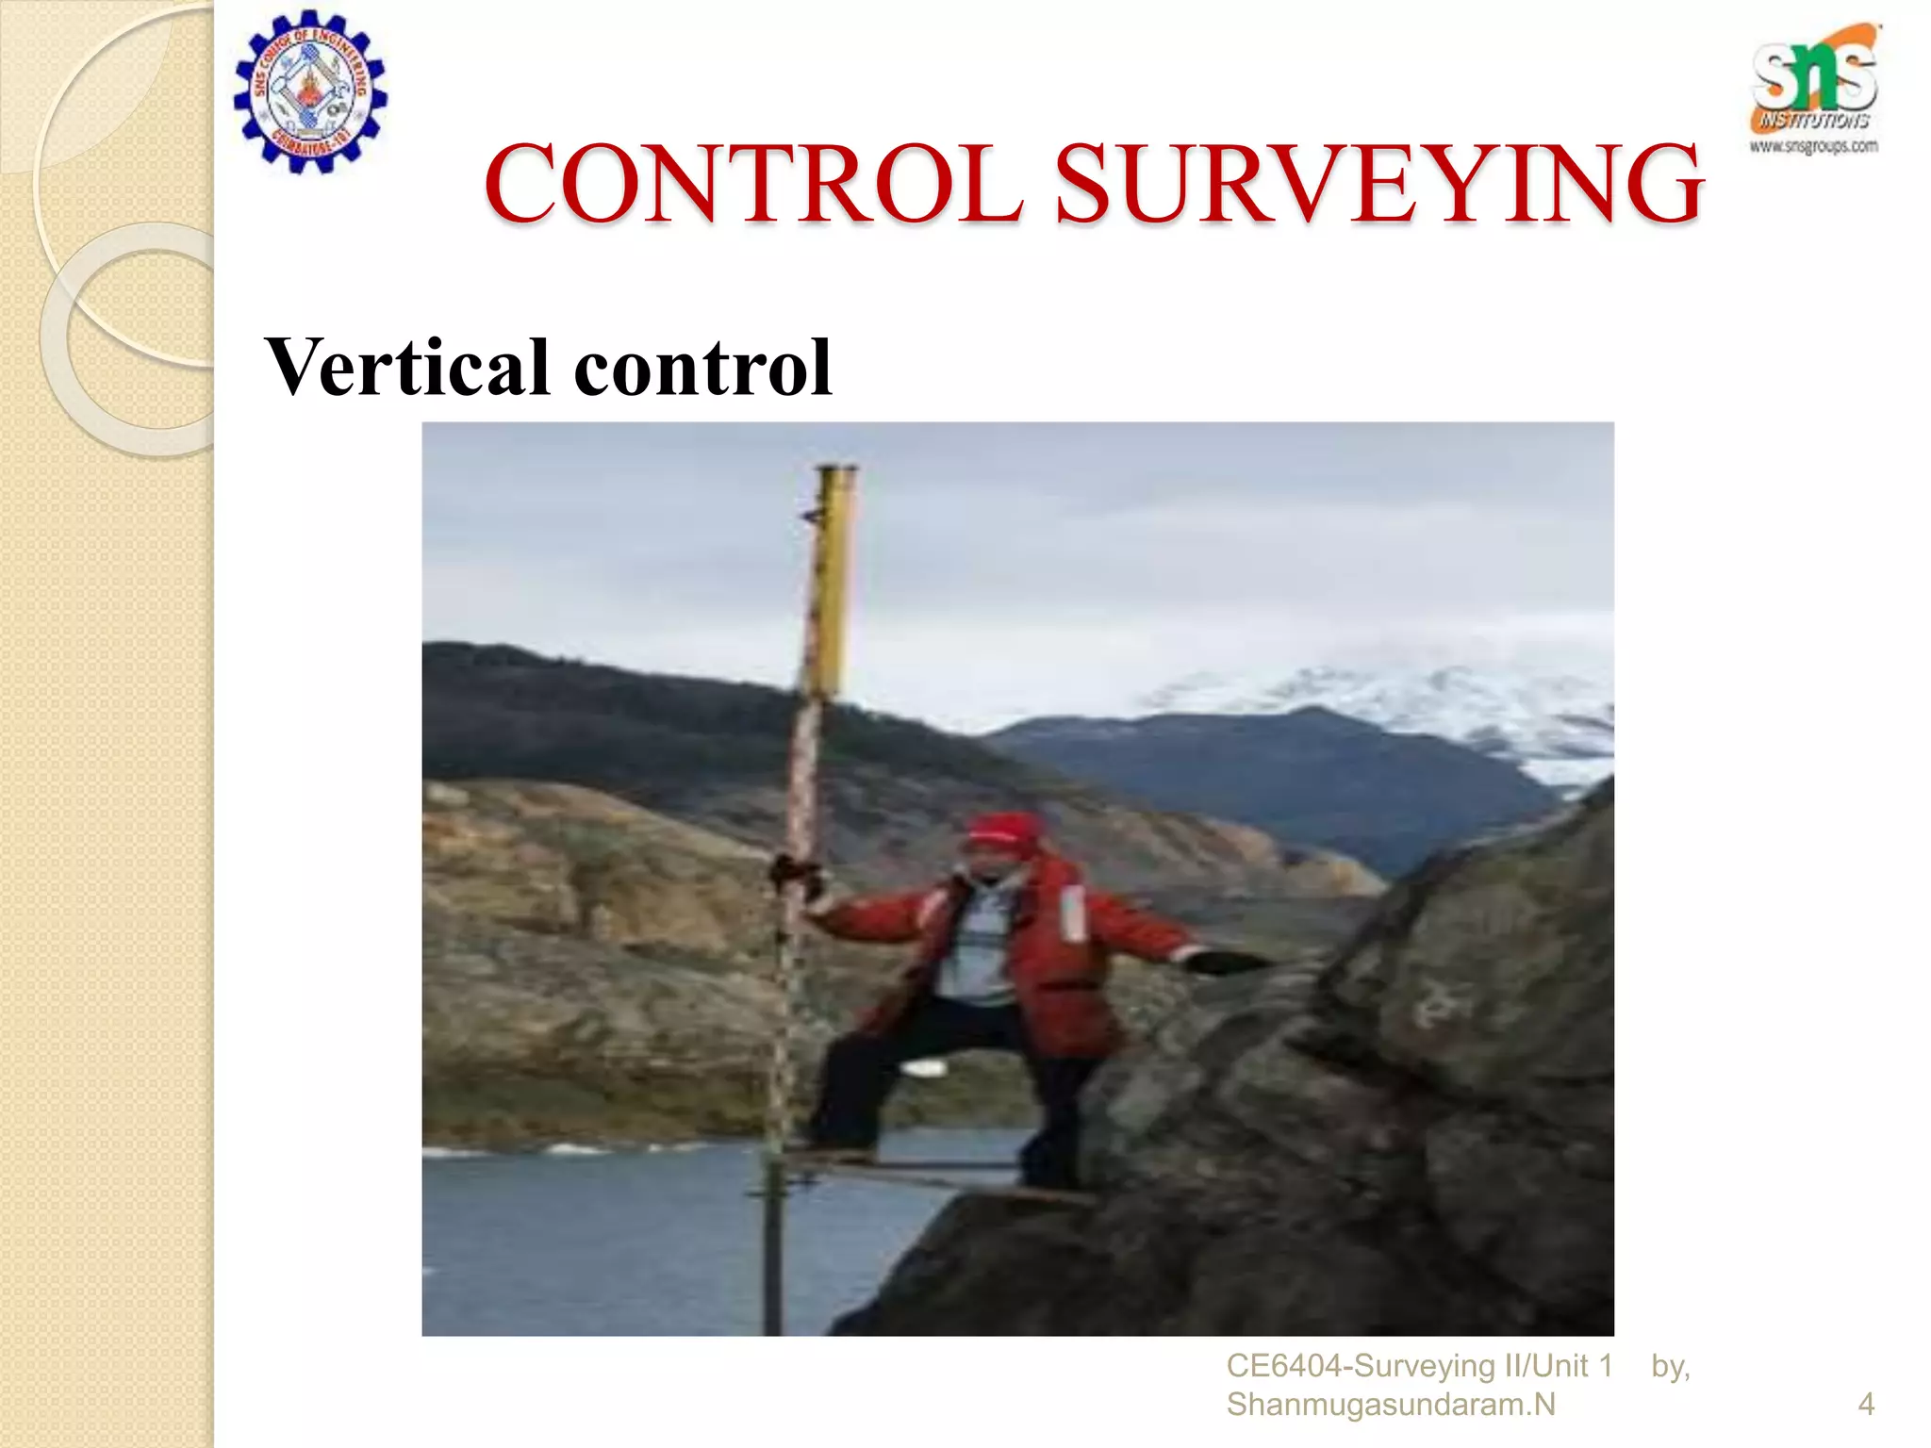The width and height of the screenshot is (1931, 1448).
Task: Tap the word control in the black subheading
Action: point(702,367)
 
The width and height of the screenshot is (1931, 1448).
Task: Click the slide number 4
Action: point(1865,1405)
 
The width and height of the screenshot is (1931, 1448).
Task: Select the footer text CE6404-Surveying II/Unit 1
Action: point(1419,1366)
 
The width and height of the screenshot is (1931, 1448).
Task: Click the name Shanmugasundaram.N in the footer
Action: point(1390,1405)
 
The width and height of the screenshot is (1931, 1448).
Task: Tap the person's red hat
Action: point(1001,830)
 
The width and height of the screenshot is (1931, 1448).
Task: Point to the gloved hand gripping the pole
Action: point(794,872)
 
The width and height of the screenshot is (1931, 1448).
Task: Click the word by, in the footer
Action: point(1671,1366)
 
